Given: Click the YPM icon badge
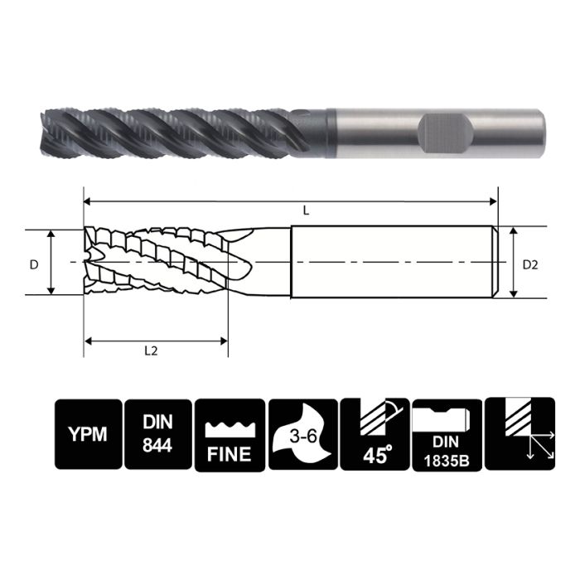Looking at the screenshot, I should [87, 435].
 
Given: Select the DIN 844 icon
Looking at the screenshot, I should [157, 435].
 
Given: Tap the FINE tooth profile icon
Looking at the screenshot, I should [229, 435].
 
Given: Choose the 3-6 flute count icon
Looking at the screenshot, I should [302, 435].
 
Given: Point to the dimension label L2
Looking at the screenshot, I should [151, 350].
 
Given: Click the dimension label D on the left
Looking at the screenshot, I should [34, 264].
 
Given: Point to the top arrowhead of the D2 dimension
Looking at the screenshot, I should [515, 233].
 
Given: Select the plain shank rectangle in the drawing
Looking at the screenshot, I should [394, 262].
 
